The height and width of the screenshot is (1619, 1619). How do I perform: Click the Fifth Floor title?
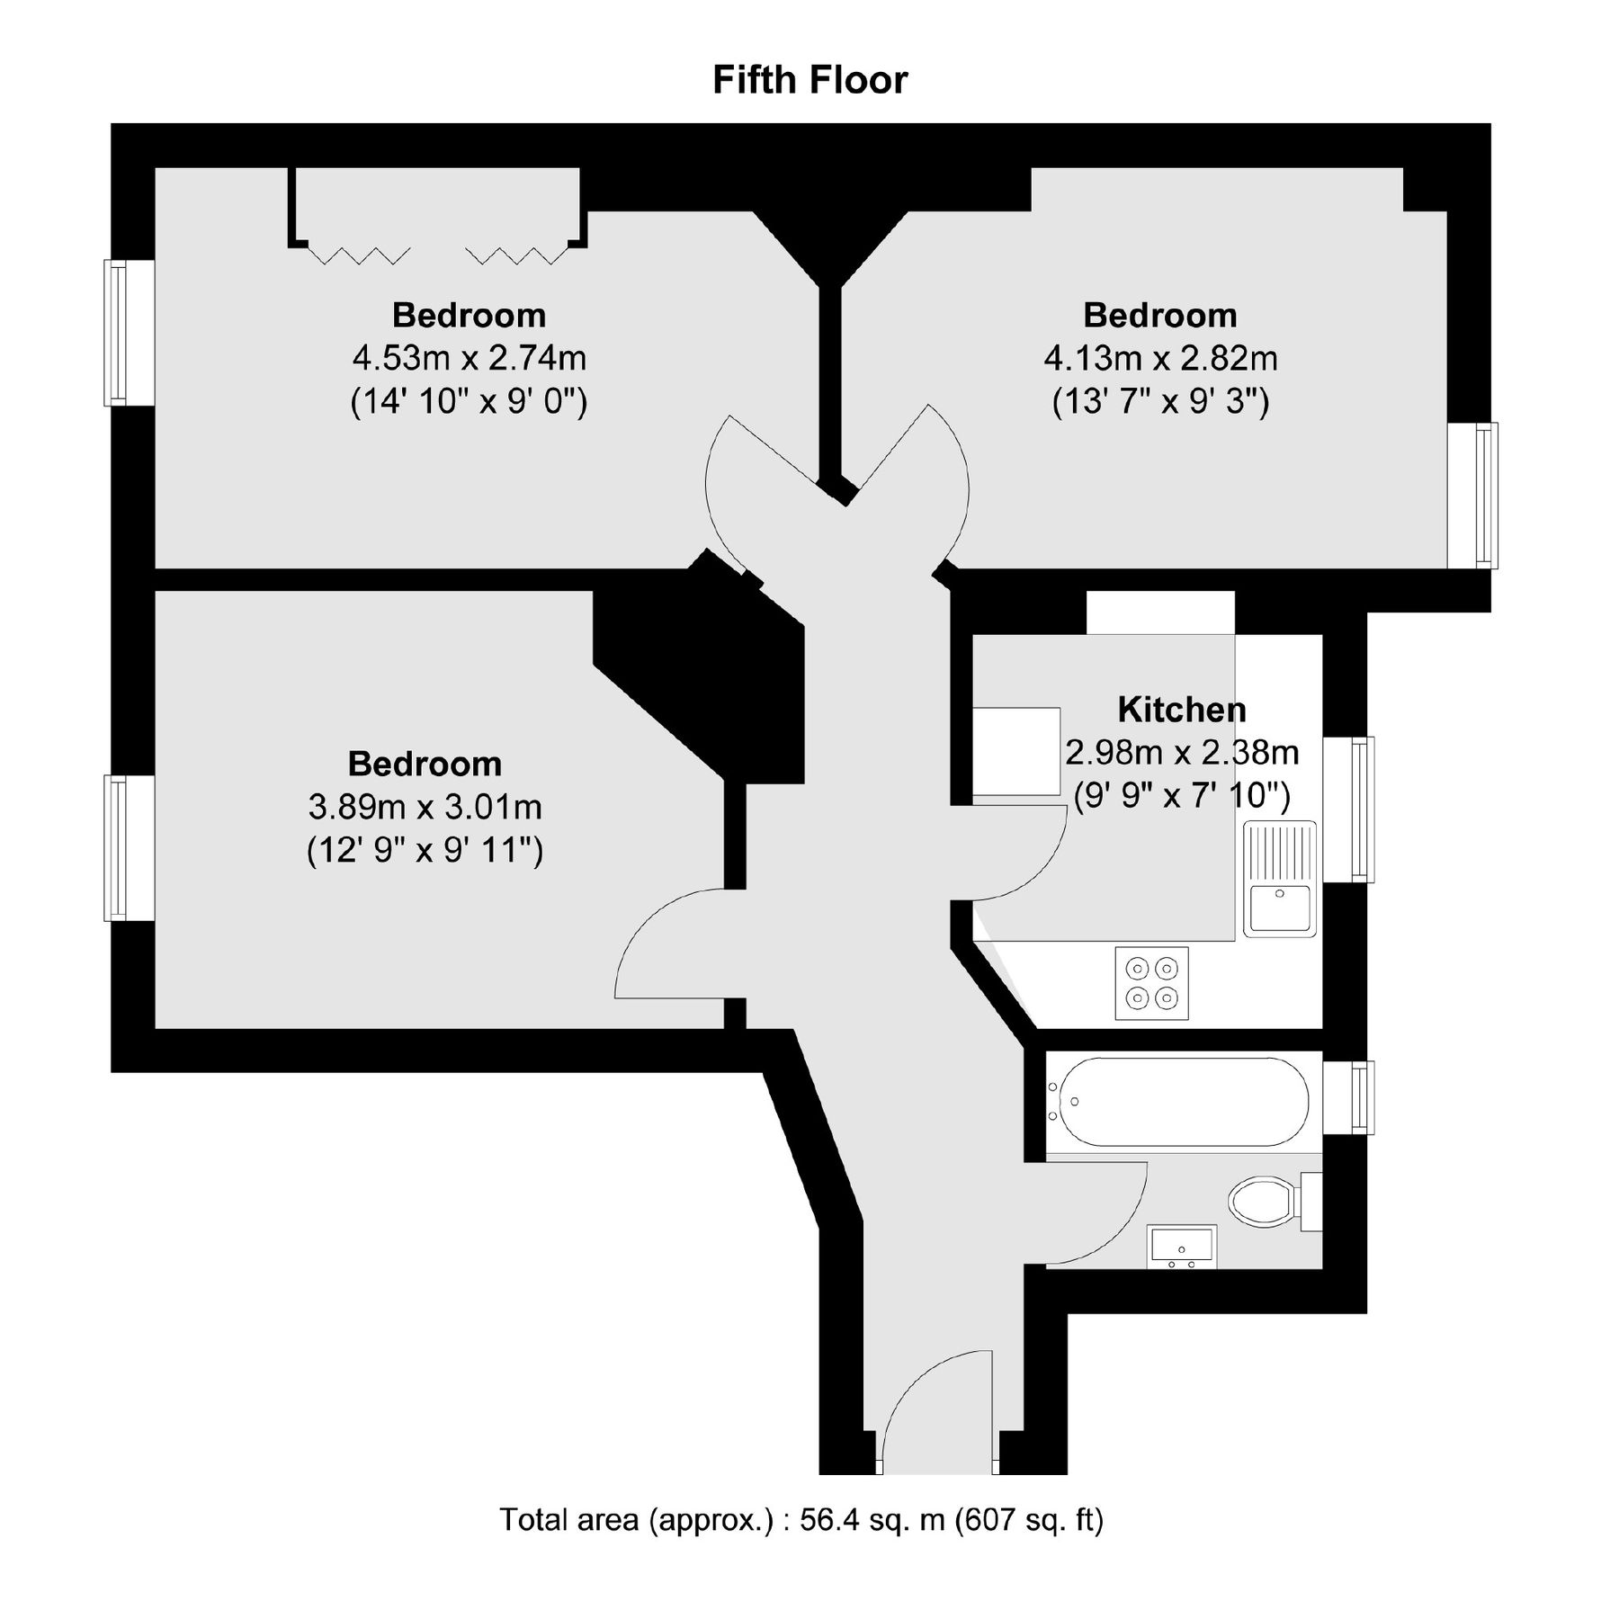coord(809,80)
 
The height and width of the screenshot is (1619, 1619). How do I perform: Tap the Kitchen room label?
coord(1182,710)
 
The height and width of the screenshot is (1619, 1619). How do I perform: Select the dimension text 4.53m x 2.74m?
coord(469,358)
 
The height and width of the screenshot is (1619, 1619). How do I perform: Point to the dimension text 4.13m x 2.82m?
coord(1160,358)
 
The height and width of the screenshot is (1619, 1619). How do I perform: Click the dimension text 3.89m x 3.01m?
coord(425,807)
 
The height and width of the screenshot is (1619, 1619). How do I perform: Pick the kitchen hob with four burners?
coord(1151,983)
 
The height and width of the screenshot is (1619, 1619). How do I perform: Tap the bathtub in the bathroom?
coord(1184,1101)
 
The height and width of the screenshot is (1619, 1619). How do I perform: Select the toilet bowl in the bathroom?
coord(1261,1201)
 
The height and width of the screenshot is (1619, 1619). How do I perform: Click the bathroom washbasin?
coord(1182,1245)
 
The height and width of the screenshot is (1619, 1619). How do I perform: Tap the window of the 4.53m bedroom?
coord(118,332)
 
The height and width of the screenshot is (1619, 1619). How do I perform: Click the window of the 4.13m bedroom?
coord(1486,495)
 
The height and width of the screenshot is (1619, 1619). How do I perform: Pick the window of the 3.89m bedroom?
coord(118,847)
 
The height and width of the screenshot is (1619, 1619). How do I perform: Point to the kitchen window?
coord(1362,809)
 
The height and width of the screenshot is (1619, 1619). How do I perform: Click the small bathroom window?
coord(1362,1097)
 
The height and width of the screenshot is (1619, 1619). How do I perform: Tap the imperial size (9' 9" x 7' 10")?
coord(1182,795)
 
